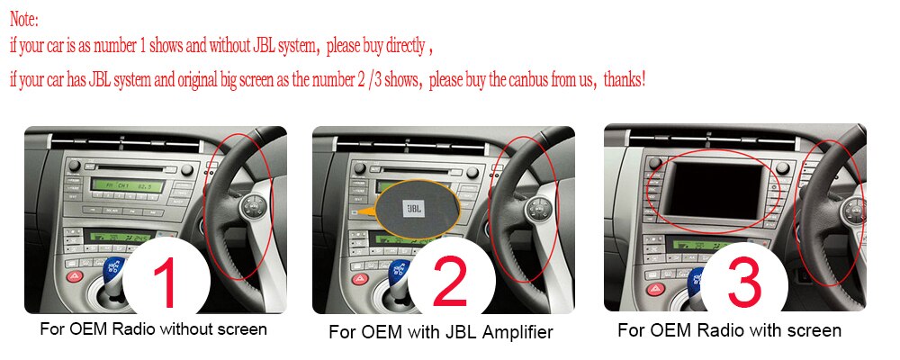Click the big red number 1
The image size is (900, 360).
pyautogui.click(x=166, y=283)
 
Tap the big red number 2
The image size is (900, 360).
pyautogui.click(x=451, y=282)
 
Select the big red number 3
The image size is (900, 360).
pyautogui.click(x=744, y=282)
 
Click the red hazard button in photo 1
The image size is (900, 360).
pyautogui.click(x=75, y=276)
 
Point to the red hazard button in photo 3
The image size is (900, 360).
pyautogui.click(x=655, y=289)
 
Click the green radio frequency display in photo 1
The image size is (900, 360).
pyautogui.click(x=127, y=186)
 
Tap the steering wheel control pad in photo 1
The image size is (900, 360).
pyautogui.click(x=253, y=205)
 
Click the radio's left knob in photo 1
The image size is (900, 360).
pyautogui.click(x=74, y=166)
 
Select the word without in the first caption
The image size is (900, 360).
pyautogui.click(x=184, y=329)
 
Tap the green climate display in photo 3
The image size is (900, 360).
pyautogui.click(x=714, y=245)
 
